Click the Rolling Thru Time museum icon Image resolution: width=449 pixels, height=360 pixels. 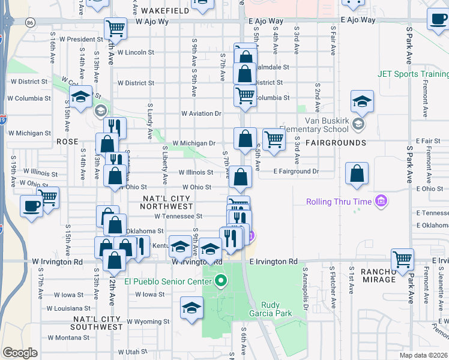point(381,201)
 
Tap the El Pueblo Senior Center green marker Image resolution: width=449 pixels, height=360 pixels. point(221,280)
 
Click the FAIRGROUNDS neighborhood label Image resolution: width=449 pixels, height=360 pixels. point(336,143)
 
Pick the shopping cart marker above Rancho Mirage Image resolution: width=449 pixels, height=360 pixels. point(402,259)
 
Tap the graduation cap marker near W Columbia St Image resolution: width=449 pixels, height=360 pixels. point(80,95)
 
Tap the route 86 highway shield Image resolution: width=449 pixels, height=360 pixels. point(30,22)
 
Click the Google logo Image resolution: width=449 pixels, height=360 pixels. point(20,353)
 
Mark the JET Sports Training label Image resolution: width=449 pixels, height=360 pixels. point(413,74)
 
